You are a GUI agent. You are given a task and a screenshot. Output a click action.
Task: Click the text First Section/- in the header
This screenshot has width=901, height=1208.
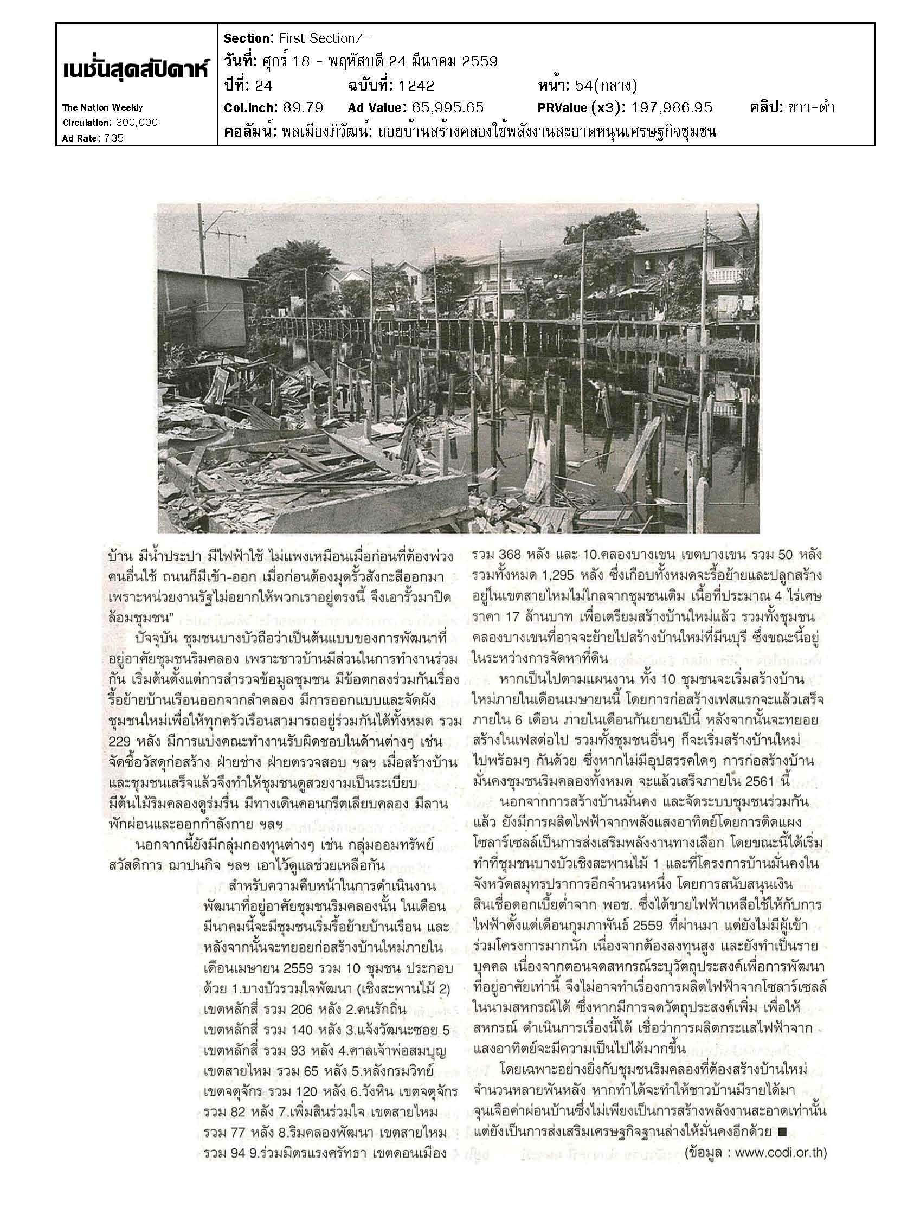[x=325, y=38]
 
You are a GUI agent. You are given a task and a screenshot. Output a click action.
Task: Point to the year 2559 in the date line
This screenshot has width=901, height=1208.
[x=479, y=62]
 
